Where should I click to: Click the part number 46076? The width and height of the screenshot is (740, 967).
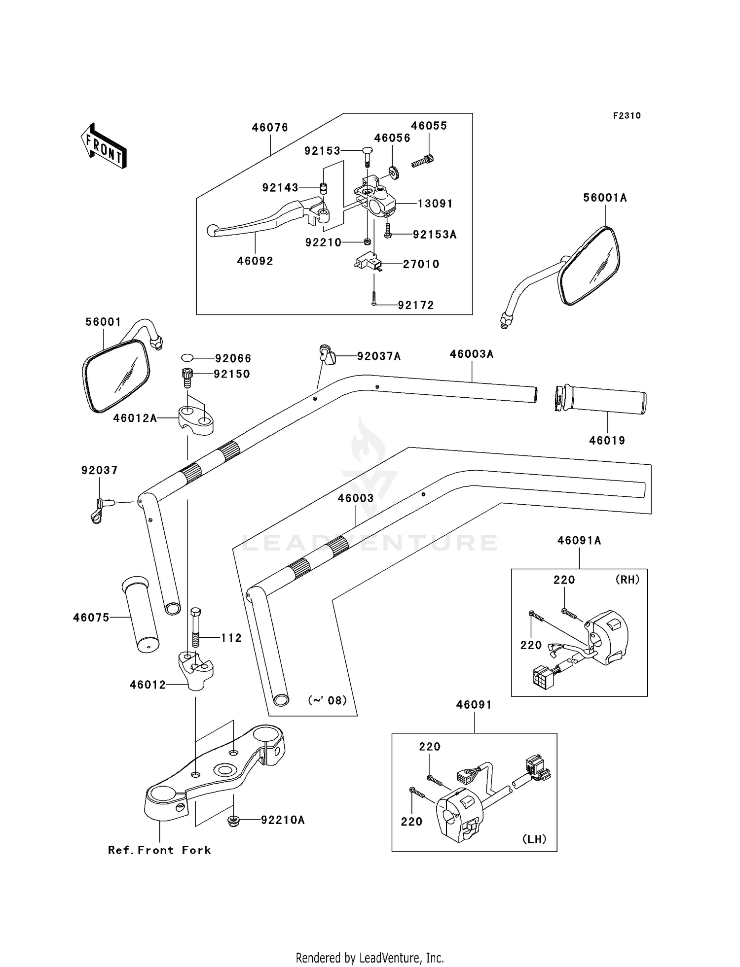tap(270, 128)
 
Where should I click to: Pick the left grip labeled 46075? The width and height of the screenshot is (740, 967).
tap(140, 615)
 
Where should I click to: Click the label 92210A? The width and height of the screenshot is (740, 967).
tap(283, 820)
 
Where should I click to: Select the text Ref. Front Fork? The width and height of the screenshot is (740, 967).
tap(159, 850)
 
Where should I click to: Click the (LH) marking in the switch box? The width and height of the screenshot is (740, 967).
tap(534, 839)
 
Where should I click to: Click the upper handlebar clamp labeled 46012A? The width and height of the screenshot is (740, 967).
tap(196, 419)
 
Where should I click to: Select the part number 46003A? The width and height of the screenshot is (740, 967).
tap(472, 354)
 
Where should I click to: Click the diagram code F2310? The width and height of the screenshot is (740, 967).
tap(627, 116)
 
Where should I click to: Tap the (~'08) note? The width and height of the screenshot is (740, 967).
tap(328, 700)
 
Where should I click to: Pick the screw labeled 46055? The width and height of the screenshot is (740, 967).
tap(422, 160)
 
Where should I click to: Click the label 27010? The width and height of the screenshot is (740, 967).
tap(421, 264)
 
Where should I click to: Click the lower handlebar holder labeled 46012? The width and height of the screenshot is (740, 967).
tap(196, 670)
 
